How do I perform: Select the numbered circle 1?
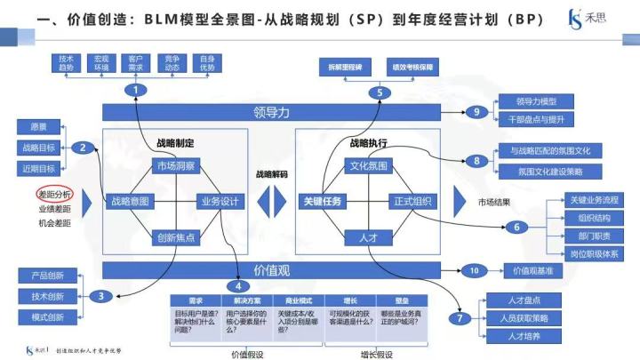[135, 89]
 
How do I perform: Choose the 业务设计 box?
[218, 201]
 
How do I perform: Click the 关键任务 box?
[321, 201]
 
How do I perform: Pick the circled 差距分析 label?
[55, 194]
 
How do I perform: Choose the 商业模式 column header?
[295, 300]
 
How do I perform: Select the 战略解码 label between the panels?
[271, 174]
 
